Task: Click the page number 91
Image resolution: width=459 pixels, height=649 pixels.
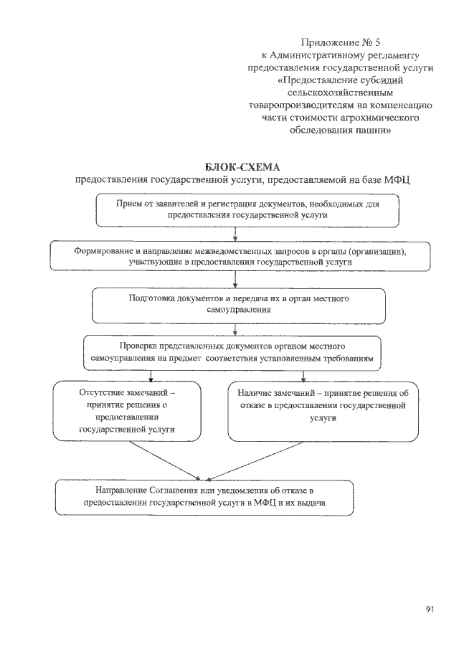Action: pos(430,610)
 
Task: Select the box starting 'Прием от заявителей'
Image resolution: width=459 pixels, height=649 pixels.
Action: pos(247,209)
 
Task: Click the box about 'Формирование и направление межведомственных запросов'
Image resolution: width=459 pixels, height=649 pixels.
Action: pos(240,256)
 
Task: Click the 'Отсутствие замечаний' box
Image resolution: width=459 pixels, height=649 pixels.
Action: pos(127,410)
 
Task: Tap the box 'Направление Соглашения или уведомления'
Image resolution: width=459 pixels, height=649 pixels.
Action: pos(205,497)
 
